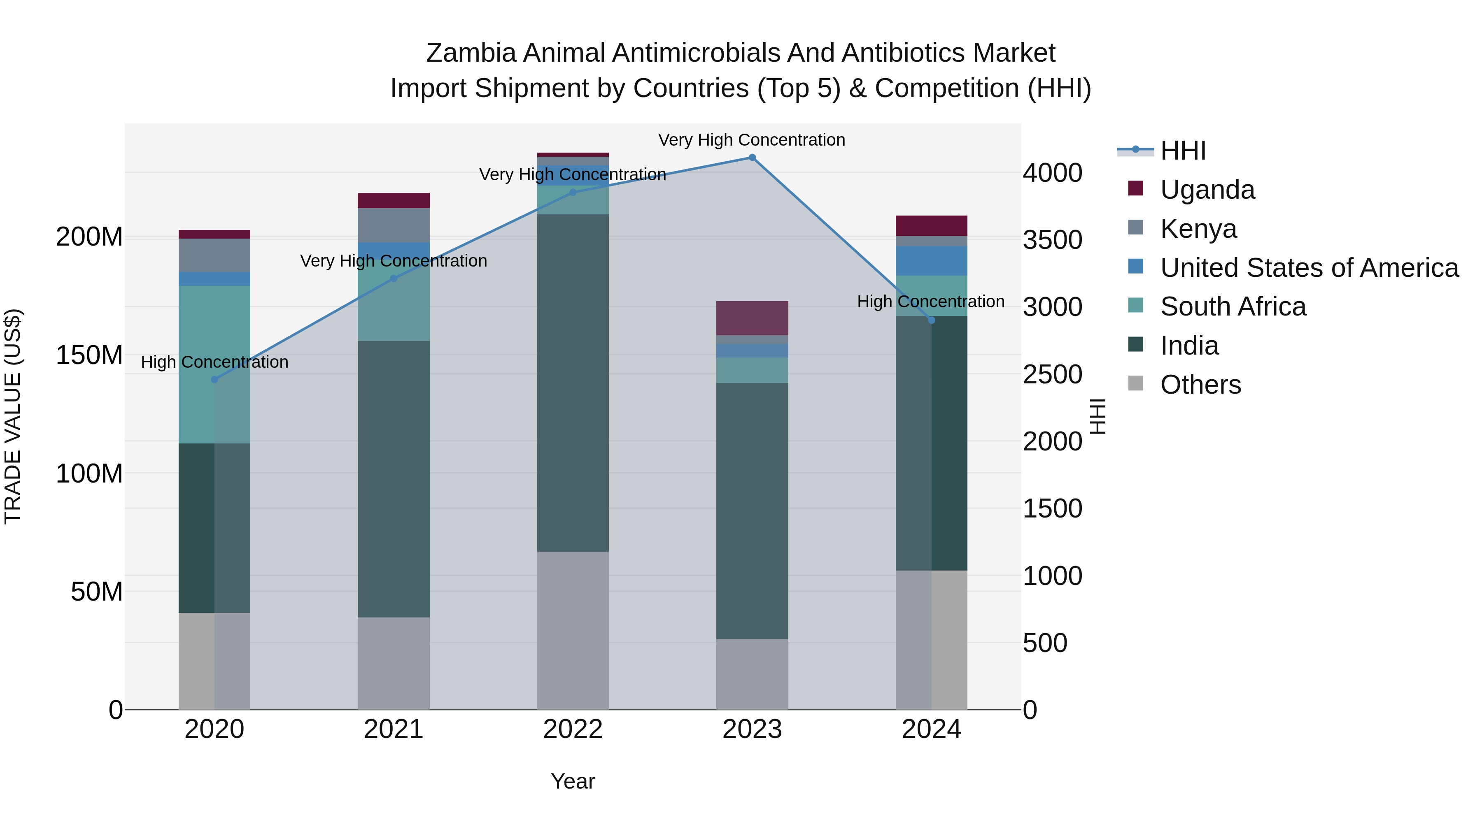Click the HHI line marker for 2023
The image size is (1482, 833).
point(752,158)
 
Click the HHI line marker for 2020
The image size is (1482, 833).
point(214,379)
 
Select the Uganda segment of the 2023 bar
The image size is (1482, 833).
point(752,318)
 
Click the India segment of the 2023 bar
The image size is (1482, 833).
point(752,510)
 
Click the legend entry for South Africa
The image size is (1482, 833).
point(1232,306)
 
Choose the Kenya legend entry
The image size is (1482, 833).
point(1198,229)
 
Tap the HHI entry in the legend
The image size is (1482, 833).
point(1182,151)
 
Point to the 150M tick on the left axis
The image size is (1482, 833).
point(89,355)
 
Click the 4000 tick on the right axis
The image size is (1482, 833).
point(1052,173)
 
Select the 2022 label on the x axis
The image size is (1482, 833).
point(573,729)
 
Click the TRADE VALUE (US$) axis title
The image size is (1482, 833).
point(13,416)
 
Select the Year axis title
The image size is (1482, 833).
point(573,781)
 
